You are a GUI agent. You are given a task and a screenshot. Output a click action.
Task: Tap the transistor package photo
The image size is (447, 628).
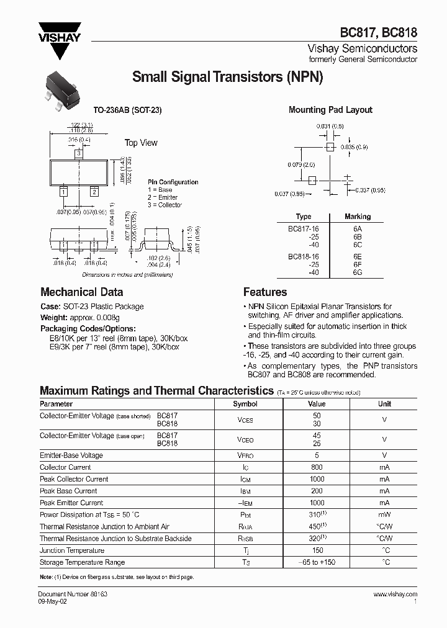[63, 92]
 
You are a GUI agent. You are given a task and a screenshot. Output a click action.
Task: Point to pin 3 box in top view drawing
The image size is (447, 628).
[79, 153]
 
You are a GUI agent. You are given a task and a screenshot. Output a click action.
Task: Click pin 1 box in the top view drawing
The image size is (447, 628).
[63, 192]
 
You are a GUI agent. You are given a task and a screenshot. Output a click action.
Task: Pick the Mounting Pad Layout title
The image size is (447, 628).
[330, 110]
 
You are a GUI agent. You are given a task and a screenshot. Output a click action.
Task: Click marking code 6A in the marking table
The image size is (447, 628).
[357, 228]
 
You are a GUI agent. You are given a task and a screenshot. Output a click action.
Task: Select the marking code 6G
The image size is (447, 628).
[357, 272]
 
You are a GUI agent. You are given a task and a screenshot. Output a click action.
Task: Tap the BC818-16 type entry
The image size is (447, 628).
[303, 255]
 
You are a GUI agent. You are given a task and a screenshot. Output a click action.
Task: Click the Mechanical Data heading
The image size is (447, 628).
[81, 292]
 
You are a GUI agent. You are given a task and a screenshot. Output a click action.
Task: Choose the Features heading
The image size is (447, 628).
[265, 292]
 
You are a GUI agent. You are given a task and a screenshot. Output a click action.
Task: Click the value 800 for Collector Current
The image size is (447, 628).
[317, 467]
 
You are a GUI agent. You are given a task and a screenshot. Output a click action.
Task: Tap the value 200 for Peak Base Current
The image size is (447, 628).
[317, 491]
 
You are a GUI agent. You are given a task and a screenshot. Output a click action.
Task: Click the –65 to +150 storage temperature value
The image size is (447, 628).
[317, 562]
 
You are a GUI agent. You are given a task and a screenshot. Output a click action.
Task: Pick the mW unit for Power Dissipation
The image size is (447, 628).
[385, 514]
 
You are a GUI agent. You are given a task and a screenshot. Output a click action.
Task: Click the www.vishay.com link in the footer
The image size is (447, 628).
[395, 594]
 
